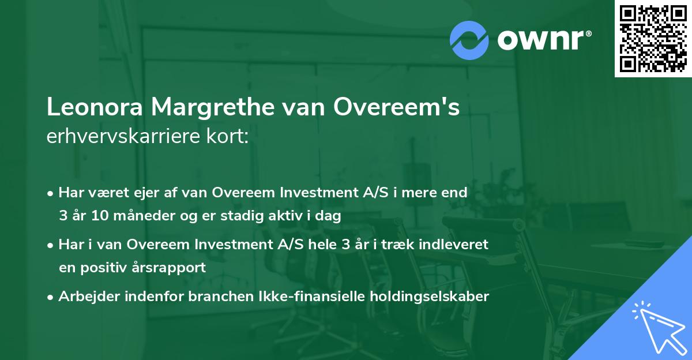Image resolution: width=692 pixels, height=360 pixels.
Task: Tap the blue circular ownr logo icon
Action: (x=469, y=40)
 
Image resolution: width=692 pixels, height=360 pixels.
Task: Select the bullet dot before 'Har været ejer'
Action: (x=51, y=193)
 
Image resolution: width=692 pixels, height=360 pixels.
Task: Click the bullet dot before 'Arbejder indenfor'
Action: (x=51, y=297)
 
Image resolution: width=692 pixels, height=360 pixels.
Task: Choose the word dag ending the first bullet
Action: (x=330, y=217)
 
